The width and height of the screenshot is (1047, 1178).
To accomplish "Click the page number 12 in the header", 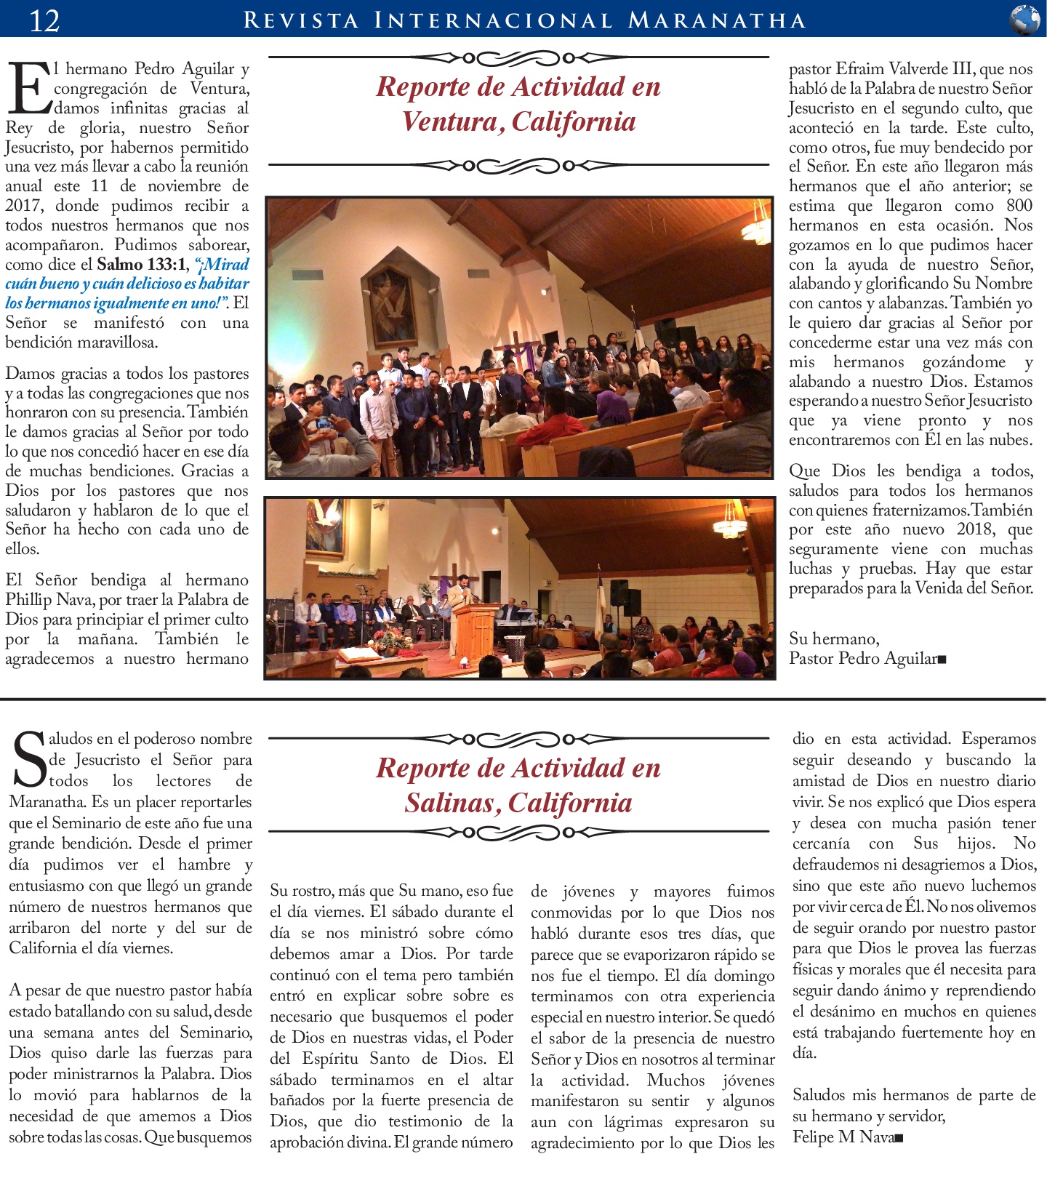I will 44,20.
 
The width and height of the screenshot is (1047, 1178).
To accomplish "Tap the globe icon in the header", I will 1024,20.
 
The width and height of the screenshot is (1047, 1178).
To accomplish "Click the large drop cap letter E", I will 28,89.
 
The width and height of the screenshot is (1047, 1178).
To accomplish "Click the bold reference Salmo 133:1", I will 141,264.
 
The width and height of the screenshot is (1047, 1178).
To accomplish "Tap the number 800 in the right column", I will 1019,206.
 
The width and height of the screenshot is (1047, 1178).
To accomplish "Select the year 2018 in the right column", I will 976,529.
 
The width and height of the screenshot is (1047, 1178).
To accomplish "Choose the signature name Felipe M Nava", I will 843,1137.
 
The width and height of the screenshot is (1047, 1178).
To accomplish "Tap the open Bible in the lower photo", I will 359,654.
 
